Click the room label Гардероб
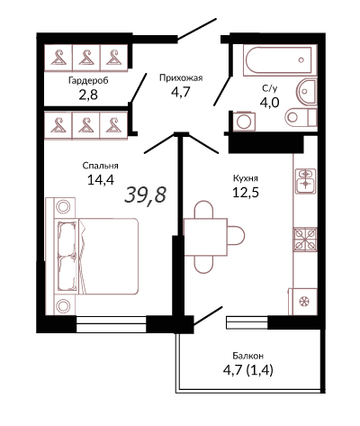[88, 81]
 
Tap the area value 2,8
[88, 95]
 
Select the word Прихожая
[181, 78]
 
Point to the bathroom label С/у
[269, 88]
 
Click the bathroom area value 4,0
[269, 103]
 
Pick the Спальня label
[101, 166]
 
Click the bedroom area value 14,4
[101, 180]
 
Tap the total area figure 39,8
[145, 195]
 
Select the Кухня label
[246, 178]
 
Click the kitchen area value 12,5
[246, 193]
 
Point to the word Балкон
[248, 356]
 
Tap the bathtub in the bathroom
[280, 59]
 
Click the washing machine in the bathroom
[244, 122]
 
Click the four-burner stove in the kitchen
[305, 239]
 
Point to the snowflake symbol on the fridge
[305, 301]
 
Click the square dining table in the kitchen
[205, 237]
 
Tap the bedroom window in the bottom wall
[111, 324]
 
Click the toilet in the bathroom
[301, 117]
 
